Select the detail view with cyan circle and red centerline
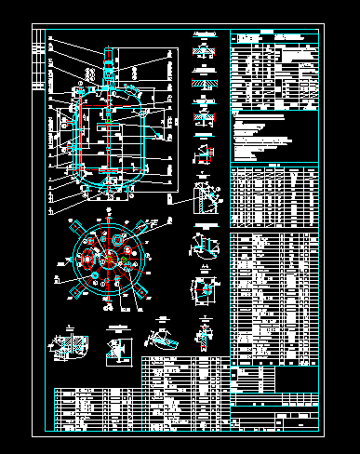point(205,289)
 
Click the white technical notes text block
point(270,135)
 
